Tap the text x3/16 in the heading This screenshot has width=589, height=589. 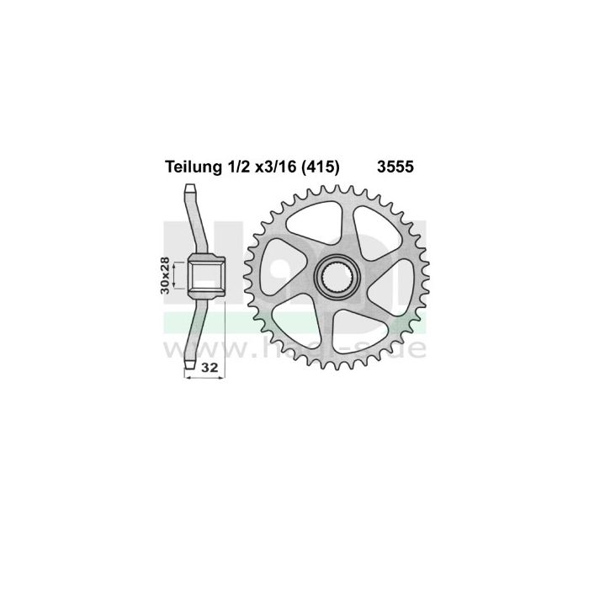270,168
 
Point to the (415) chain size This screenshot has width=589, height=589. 320,168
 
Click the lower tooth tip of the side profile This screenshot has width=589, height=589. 192,363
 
